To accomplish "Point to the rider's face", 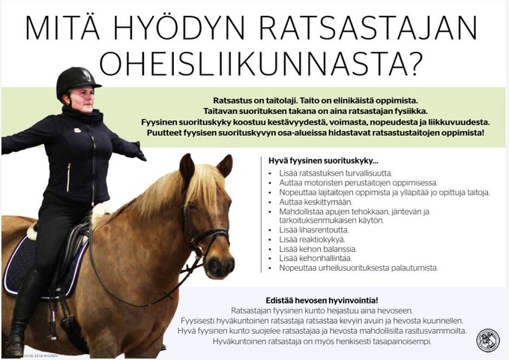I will point(80,98).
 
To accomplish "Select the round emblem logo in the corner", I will point(487,340).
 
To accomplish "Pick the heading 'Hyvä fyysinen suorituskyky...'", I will point(313,160).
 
